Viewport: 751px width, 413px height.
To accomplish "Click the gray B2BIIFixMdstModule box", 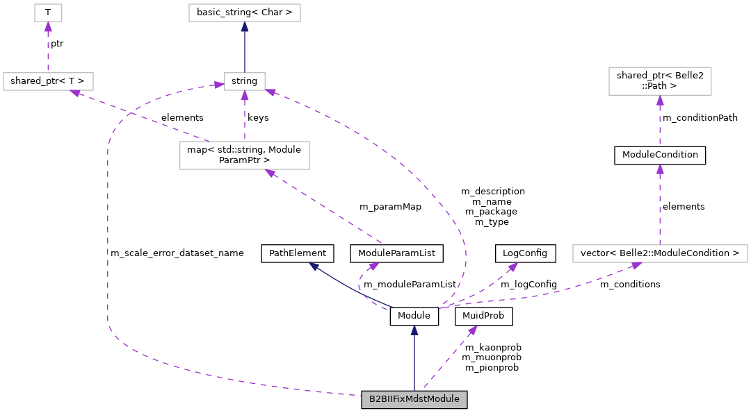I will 414,400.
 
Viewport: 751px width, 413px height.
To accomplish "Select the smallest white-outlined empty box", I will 48,12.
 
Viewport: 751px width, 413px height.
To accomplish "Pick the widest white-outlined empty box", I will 660,254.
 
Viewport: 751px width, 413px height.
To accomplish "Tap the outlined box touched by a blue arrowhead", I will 244,12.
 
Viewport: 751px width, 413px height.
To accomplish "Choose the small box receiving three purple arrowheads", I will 244,81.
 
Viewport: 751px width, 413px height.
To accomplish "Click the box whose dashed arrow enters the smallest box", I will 48,81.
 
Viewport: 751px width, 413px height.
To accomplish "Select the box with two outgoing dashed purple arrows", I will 244,155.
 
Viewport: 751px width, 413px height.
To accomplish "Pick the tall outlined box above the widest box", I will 660,81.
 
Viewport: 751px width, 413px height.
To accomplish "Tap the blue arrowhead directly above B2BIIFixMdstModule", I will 414,330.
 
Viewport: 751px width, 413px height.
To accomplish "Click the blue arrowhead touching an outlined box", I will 244,26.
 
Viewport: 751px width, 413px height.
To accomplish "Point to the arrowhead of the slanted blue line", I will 314,266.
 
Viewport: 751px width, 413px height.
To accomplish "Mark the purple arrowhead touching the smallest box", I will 48,26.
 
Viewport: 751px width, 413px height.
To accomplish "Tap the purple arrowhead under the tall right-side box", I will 660,100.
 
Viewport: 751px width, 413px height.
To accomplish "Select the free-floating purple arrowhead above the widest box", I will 660,169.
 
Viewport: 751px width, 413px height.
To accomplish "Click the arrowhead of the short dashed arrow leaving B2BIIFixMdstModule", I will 473,330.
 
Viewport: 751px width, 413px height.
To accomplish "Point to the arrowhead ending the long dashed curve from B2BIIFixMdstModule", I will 219,85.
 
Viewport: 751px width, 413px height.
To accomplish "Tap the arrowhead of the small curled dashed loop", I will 374,265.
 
